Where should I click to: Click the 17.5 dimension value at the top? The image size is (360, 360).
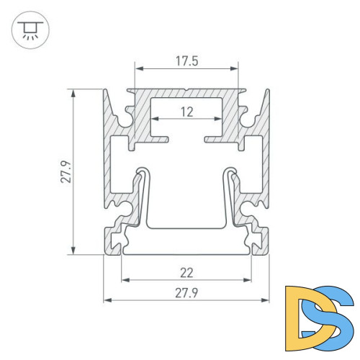pyautogui.click(x=186, y=61)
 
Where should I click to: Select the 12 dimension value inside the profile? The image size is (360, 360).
pyautogui.click(x=186, y=112)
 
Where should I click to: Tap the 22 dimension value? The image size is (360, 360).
pyautogui.click(x=186, y=273)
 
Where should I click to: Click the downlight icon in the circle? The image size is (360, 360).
pyautogui.click(x=28, y=30)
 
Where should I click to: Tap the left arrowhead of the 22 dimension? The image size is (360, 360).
pyautogui.click(x=124, y=281)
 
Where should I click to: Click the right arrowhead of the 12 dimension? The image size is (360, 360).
pyautogui.click(x=219, y=120)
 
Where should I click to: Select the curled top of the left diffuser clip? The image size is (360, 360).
pyautogui.click(x=142, y=173)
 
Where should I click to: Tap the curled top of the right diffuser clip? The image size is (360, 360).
pyautogui.click(x=231, y=173)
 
